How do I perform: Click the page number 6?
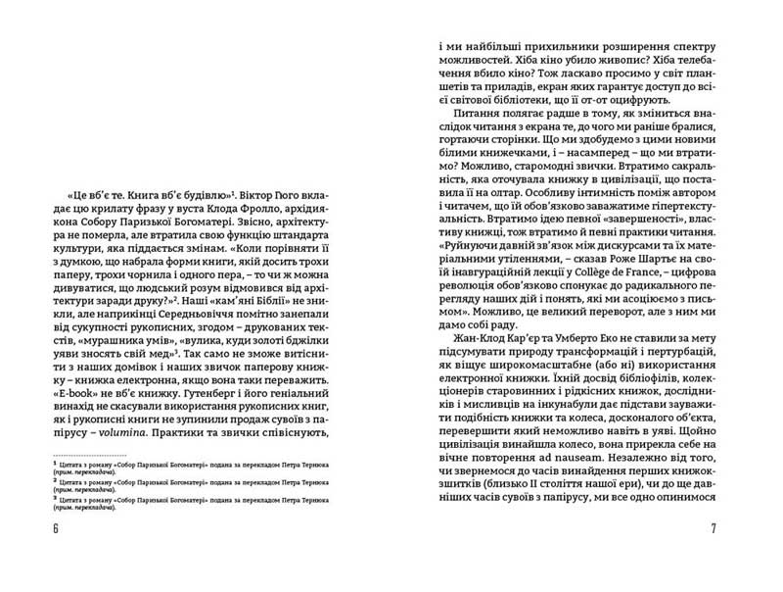57,529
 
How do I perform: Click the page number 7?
714,529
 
